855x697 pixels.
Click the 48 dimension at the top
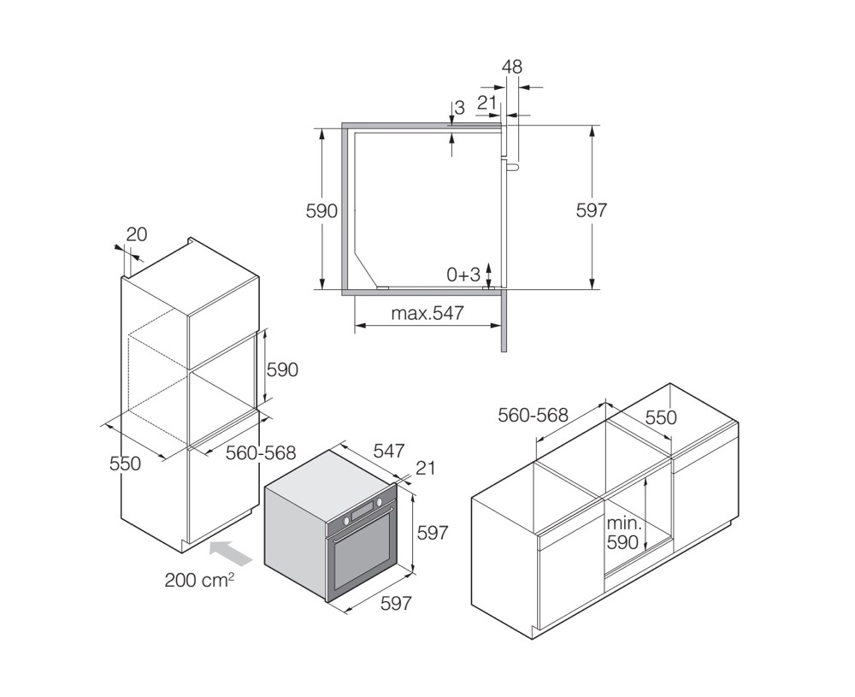pyautogui.click(x=511, y=67)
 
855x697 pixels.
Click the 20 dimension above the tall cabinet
pyautogui.click(x=136, y=234)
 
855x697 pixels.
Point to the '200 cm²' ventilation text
pyautogui.click(x=199, y=579)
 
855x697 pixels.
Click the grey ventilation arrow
pyautogui.click(x=231, y=552)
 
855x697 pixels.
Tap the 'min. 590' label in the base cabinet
pyautogui.click(x=622, y=532)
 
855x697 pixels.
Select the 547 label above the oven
pyautogui.click(x=389, y=451)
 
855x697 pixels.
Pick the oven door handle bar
pyautogui.click(x=362, y=524)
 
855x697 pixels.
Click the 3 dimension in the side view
pyautogui.click(x=459, y=108)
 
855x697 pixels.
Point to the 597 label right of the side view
pyautogui.click(x=592, y=210)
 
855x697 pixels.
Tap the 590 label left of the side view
pyautogui.click(x=321, y=210)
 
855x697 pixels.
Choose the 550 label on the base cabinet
pyautogui.click(x=661, y=417)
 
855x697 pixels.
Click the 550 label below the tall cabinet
pyautogui.click(x=125, y=464)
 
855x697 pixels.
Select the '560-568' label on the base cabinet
pyautogui.click(x=533, y=415)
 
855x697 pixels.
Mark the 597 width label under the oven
pyautogui.click(x=396, y=603)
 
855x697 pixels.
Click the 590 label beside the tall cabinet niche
pyautogui.click(x=282, y=369)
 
